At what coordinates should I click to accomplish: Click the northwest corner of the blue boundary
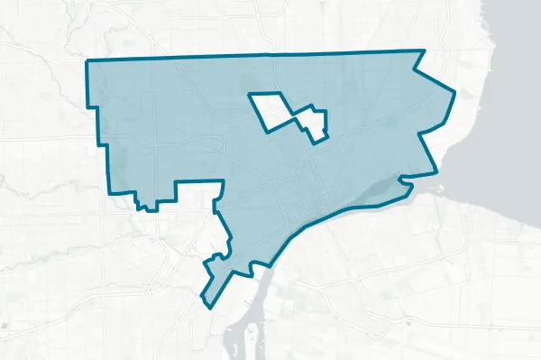point(87,61)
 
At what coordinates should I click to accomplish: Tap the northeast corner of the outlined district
point(424,51)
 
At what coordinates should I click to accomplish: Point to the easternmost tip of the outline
point(454,93)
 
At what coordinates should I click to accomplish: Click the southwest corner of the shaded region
point(110,192)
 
